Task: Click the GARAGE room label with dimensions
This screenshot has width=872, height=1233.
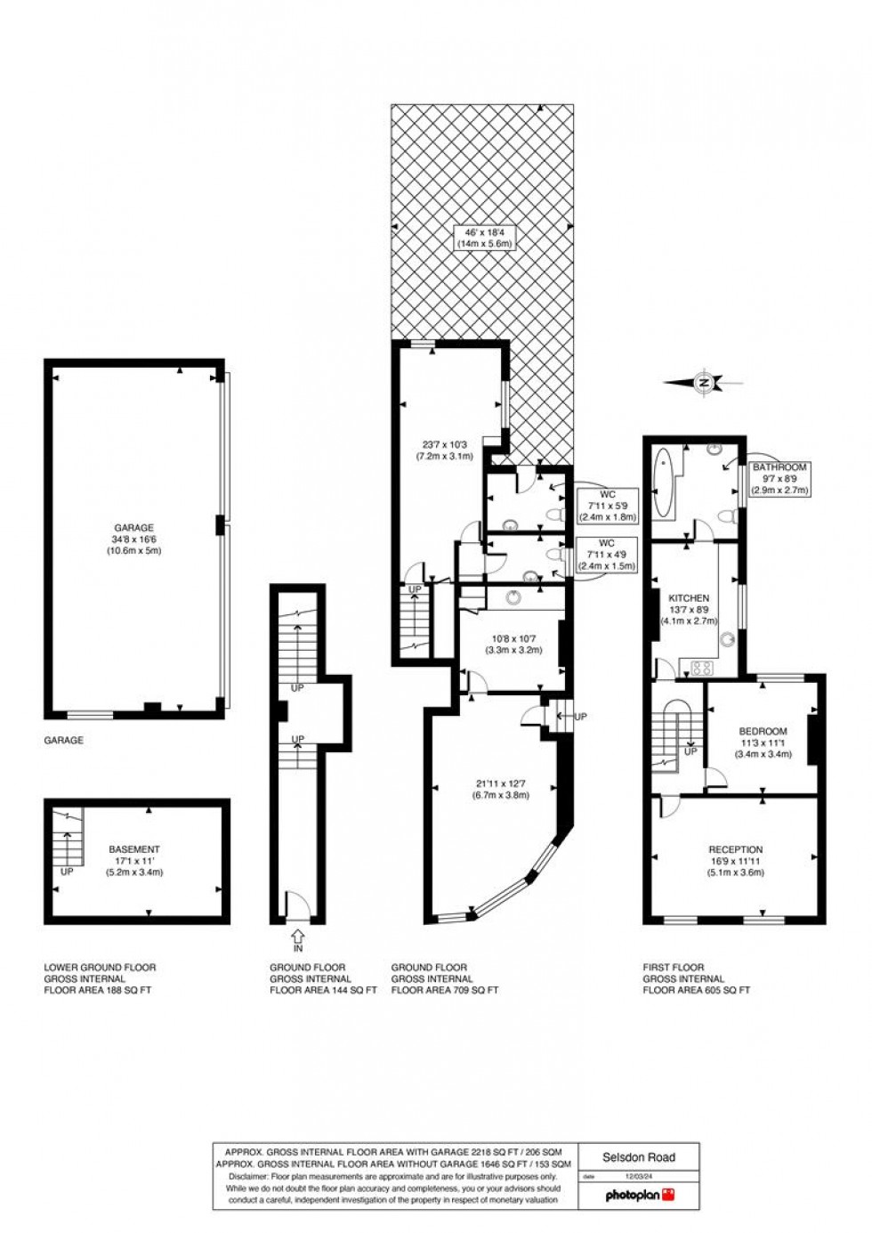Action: point(133,539)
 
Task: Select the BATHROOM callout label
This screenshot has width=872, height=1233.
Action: point(779,477)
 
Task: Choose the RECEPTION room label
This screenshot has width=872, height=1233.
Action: point(735,861)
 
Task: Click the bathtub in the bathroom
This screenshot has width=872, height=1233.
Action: point(663,483)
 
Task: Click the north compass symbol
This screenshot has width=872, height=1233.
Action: point(703,383)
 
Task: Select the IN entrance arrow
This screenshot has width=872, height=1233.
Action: point(296,937)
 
